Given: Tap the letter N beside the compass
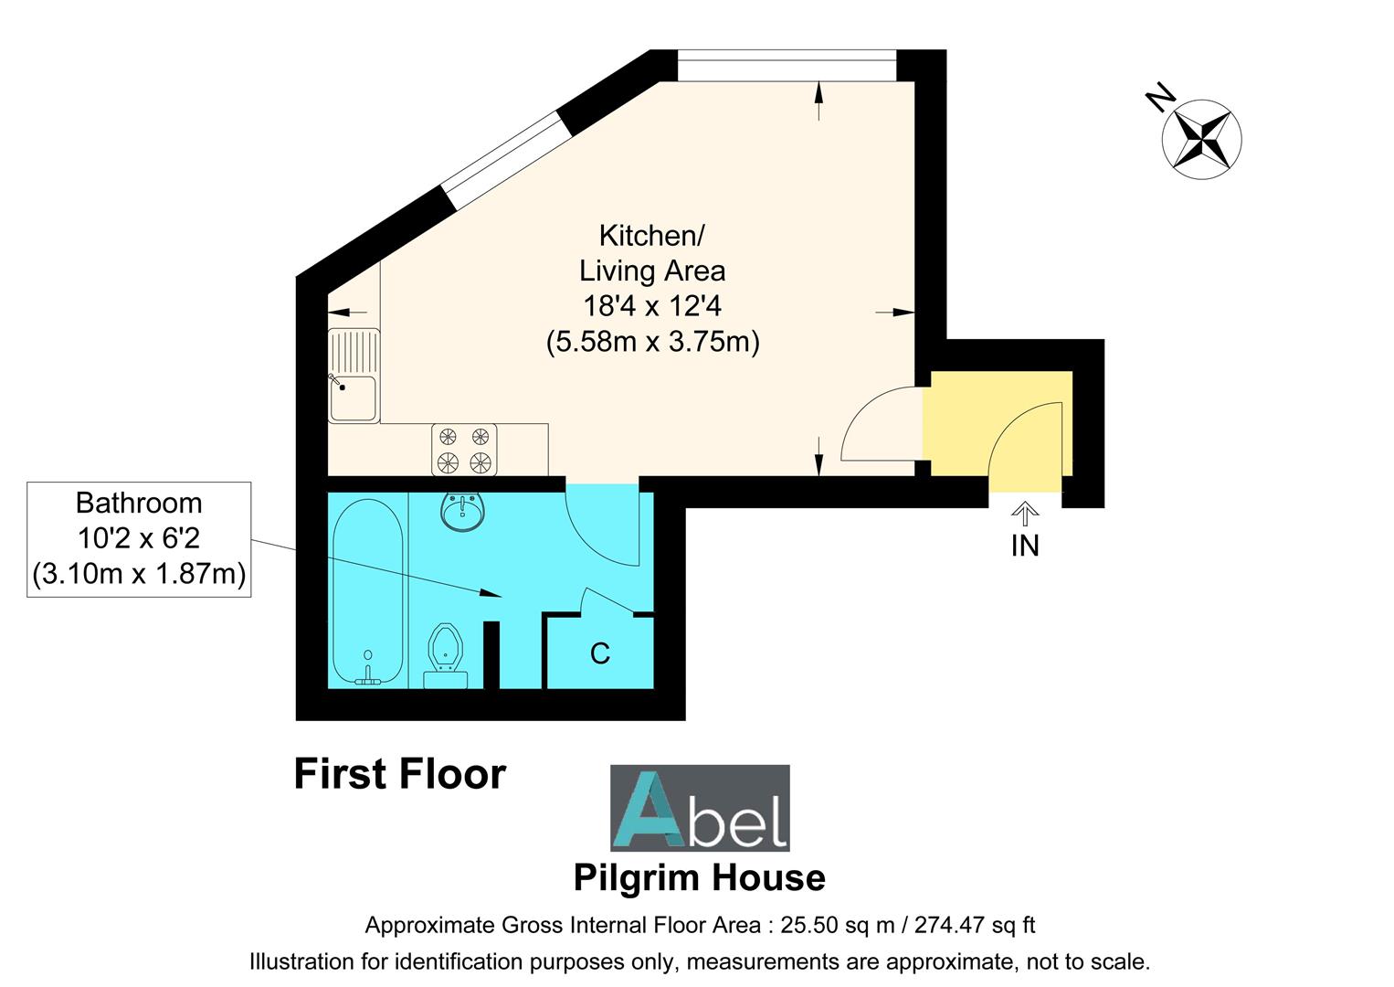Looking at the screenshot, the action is (x=1161, y=98).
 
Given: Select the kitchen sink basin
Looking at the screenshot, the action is (x=353, y=398).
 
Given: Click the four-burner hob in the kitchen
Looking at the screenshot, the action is (x=464, y=450).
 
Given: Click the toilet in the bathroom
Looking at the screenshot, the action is (x=446, y=656).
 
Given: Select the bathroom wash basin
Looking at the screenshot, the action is (x=463, y=512).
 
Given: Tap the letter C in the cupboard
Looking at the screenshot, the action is (x=600, y=653).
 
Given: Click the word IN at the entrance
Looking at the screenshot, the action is (x=1025, y=547).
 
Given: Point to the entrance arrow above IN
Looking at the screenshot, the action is (x=1025, y=515).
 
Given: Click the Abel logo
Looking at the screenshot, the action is (x=700, y=808).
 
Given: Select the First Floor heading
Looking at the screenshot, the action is (x=400, y=774).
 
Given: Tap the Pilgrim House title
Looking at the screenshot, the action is (x=700, y=878).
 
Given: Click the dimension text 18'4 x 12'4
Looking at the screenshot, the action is (x=652, y=306).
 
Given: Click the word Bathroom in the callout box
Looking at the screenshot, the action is (x=139, y=504).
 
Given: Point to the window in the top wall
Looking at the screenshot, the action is (x=787, y=65).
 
